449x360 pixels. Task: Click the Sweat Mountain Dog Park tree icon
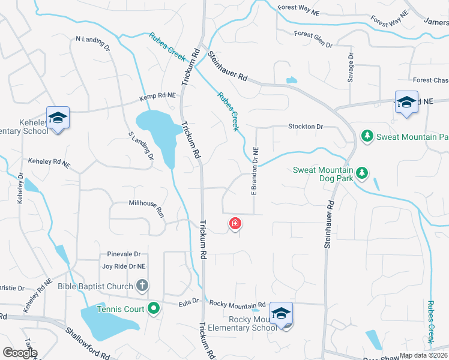pyautogui.click(x=361, y=173)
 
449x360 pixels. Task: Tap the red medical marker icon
pyautogui.click(x=235, y=224)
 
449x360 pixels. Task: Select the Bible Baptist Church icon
pyautogui.click(x=142, y=286)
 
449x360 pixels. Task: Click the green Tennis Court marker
pyautogui.click(x=154, y=309)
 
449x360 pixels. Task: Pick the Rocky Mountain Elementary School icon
pyautogui.click(x=281, y=314)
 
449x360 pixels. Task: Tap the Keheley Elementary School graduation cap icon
pyautogui.click(x=58, y=118)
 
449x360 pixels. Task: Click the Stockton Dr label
pyautogui.click(x=306, y=127)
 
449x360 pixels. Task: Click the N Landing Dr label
pyautogui.click(x=93, y=42)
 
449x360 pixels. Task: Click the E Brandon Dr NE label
pyautogui.click(x=255, y=171)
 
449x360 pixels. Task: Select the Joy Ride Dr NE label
pyautogui.click(x=124, y=266)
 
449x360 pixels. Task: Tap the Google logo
pyautogui.click(x=20, y=353)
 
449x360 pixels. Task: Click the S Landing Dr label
pyautogui.click(x=140, y=146)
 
